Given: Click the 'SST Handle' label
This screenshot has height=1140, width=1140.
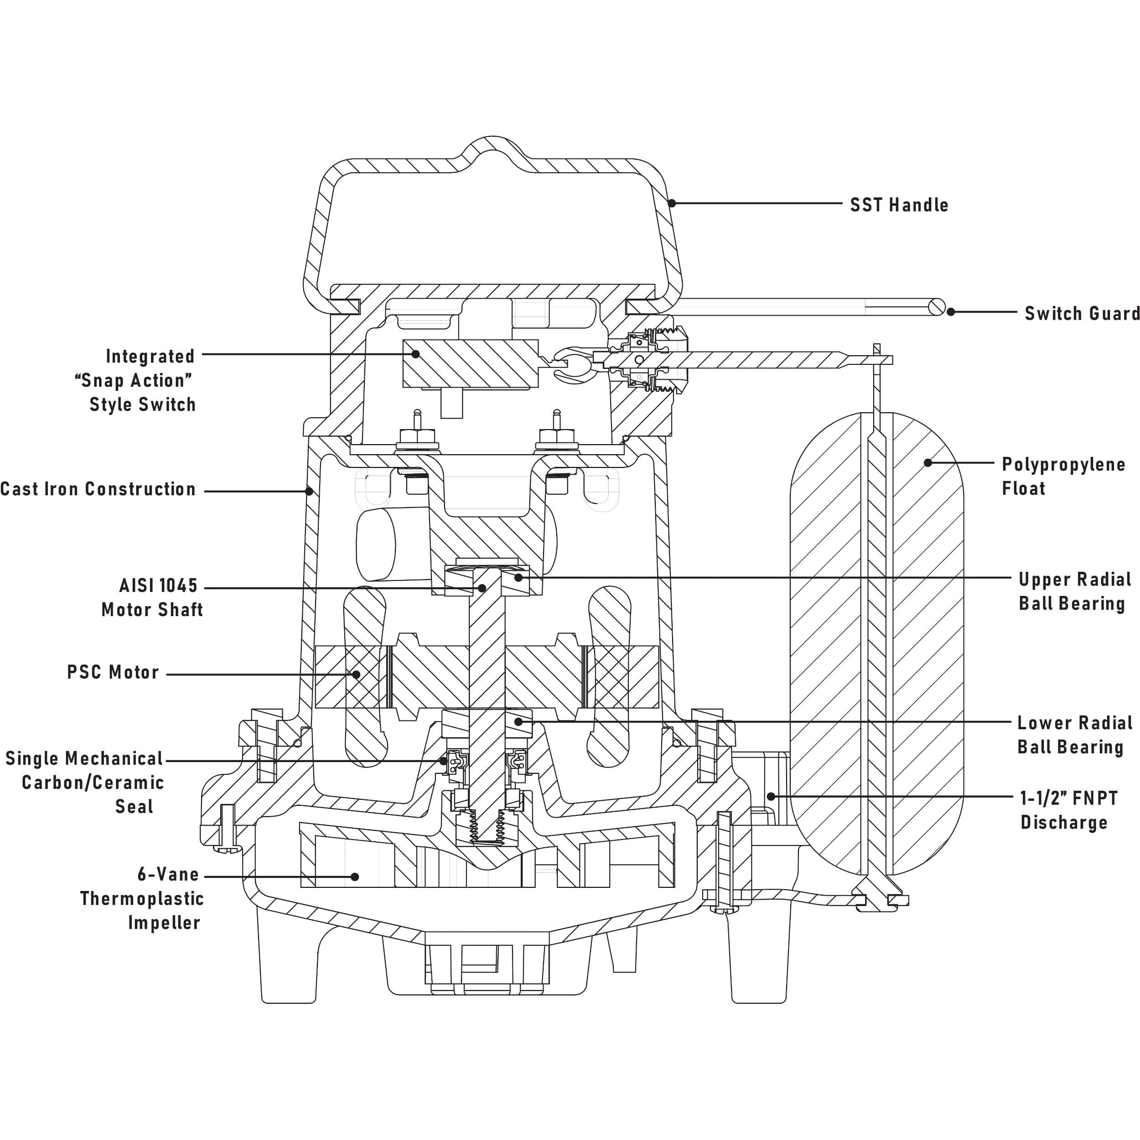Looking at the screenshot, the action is point(899,205).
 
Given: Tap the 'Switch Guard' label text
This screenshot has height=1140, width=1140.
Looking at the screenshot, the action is point(1082,313).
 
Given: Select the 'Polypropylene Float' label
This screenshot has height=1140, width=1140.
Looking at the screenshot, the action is point(1063,476).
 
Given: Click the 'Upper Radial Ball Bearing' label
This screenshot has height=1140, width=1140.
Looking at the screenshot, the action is point(1074,591).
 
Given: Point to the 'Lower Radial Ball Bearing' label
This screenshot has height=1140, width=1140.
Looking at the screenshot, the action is point(1074,735).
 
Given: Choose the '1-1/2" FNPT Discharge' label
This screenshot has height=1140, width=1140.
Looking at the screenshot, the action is point(1068,810).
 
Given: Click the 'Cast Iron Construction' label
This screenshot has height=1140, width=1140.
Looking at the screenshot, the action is point(98,489).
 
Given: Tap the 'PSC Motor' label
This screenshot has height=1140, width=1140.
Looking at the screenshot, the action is point(113,672).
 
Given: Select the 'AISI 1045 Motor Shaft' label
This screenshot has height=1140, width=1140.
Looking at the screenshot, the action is point(152,597).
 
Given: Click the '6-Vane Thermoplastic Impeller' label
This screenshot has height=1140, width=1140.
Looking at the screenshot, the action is point(142,898).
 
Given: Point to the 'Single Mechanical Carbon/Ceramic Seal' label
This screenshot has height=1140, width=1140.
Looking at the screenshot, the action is point(84,782).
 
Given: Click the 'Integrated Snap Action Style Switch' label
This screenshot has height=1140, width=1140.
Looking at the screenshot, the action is point(136,381).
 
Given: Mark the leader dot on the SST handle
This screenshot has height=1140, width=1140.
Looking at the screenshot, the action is point(672,203).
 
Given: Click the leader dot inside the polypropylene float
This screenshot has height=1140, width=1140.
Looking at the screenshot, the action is point(928,462).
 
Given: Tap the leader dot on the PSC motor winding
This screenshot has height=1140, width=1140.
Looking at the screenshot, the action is point(357,674).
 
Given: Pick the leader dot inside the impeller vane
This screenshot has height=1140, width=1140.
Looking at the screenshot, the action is point(355,877).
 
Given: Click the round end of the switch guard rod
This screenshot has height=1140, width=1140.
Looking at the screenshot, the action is point(937,307).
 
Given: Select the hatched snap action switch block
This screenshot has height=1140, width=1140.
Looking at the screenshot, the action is point(470,363).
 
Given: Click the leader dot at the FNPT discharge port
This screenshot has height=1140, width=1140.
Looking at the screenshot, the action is point(771,796).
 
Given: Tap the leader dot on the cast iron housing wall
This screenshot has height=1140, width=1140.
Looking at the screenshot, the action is point(309,490).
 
